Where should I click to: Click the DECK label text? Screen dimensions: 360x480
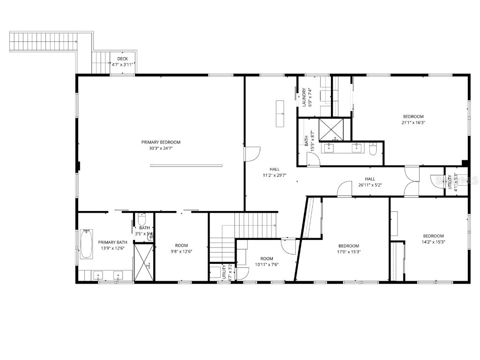122,59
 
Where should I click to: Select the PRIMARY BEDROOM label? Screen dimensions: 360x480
161,142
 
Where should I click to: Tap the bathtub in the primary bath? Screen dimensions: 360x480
86,244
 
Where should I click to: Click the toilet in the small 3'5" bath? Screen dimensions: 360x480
142,219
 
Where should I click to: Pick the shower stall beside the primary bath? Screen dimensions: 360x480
143,262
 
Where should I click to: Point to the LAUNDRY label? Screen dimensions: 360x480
304,97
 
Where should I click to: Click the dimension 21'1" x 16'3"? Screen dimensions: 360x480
413,123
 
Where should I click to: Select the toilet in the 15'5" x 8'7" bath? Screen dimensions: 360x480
373,149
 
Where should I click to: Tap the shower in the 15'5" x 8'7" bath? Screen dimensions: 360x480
331,129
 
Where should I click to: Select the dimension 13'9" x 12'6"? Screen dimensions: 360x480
111,248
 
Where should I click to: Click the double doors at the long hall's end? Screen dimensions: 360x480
412,181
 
